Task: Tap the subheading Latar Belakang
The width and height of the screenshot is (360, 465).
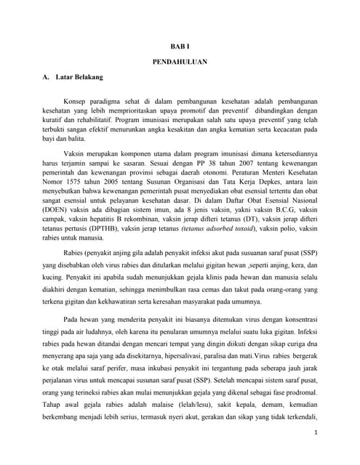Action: pyautogui.click(x=79, y=76)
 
